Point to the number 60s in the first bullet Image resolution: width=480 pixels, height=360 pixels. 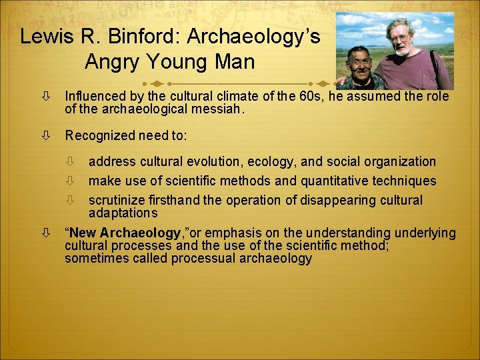(x=301, y=97)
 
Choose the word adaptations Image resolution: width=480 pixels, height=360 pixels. (x=123, y=213)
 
